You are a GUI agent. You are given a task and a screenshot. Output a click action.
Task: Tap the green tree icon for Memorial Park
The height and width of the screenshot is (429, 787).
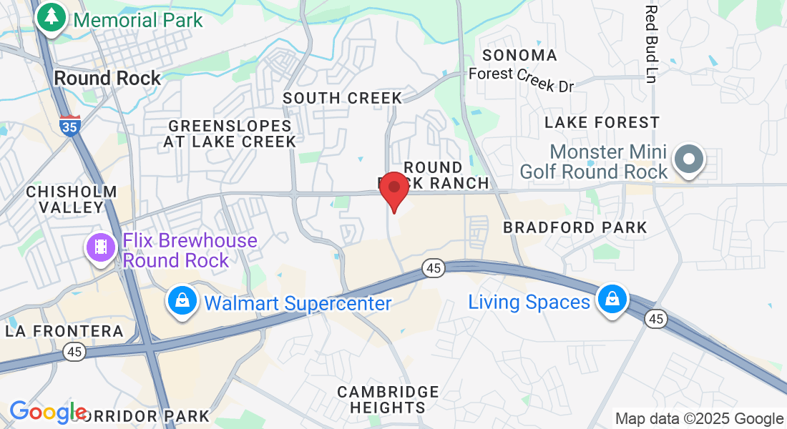pyautogui.click(x=51, y=18)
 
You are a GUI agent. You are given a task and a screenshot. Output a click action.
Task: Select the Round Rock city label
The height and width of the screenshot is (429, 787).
pyautogui.click(x=107, y=78)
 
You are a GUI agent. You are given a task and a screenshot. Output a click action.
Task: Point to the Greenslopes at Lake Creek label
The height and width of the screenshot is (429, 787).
pyautogui.click(x=230, y=134)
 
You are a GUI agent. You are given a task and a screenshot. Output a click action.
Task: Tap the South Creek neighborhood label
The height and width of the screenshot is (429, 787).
pyautogui.click(x=343, y=98)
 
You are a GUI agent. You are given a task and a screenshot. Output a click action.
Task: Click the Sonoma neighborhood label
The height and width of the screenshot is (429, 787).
pyautogui.click(x=519, y=55)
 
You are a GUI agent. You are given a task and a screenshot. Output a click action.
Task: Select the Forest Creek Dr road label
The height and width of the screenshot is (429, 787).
pyautogui.click(x=522, y=79)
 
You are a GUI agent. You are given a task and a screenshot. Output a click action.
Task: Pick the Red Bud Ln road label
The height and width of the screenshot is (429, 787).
pyautogui.click(x=650, y=43)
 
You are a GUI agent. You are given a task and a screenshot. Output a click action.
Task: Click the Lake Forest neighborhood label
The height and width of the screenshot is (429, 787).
pyautogui.click(x=602, y=123)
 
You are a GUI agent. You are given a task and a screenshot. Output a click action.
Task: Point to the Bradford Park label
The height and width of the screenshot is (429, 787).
pyautogui.click(x=575, y=227)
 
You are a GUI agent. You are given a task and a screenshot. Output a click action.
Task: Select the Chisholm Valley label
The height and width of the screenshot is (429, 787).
pyautogui.click(x=72, y=199)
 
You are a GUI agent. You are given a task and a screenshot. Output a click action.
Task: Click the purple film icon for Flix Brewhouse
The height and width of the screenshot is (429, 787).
pyautogui.click(x=101, y=247)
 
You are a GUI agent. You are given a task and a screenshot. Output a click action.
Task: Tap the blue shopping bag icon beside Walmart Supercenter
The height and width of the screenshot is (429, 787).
pyautogui.click(x=183, y=302)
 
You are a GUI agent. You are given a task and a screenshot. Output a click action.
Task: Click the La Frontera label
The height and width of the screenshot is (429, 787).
pyautogui.click(x=64, y=331)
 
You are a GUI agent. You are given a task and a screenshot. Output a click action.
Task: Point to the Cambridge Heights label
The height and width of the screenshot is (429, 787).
pyautogui.click(x=388, y=400)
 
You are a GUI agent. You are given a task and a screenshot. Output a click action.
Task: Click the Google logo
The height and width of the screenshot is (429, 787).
pyautogui.click(x=47, y=413)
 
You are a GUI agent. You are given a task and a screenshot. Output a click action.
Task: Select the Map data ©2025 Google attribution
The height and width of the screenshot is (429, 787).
pyautogui.click(x=700, y=419)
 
